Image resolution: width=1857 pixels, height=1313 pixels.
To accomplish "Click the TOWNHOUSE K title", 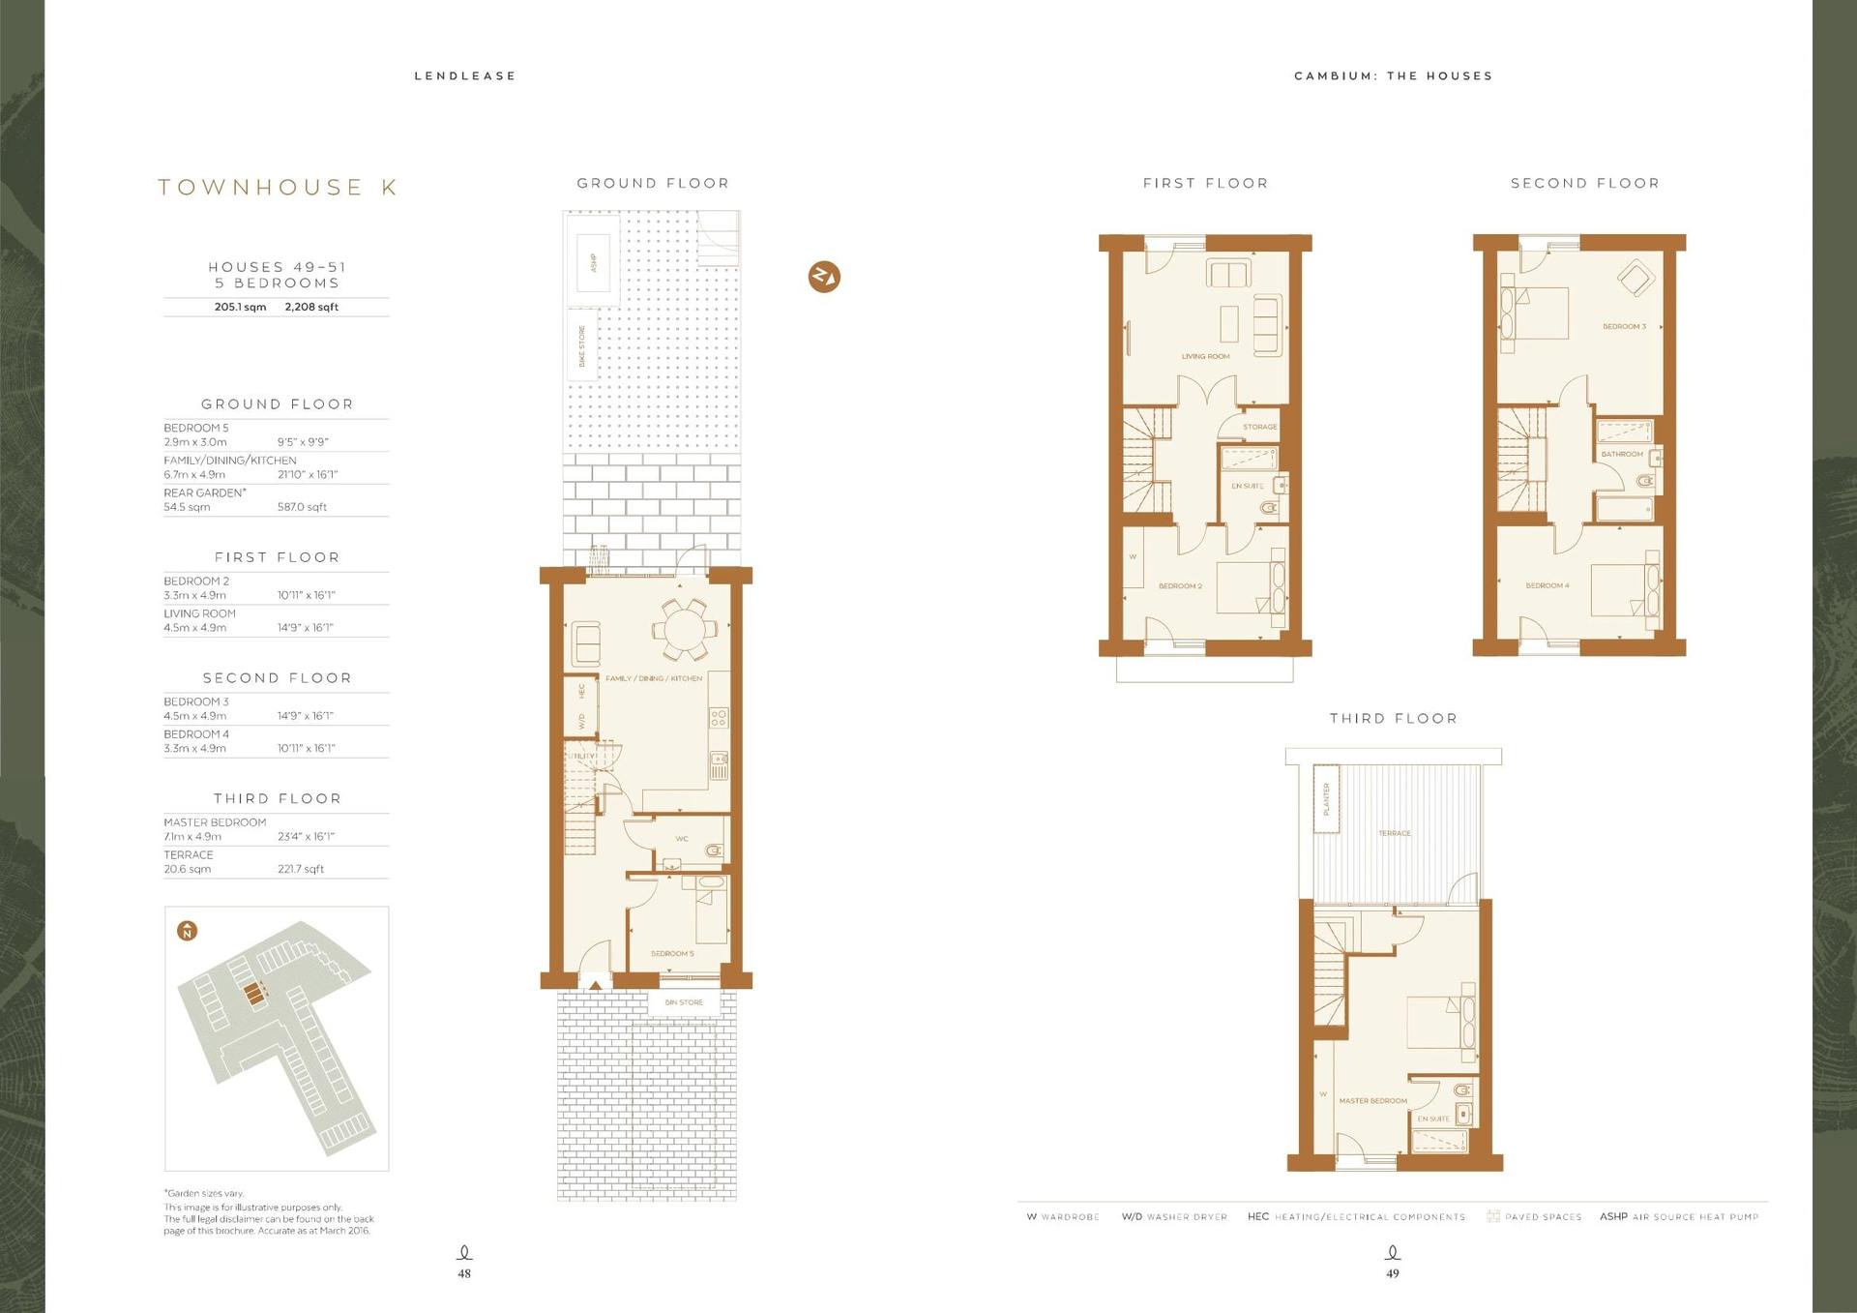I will click(x=278, y=187).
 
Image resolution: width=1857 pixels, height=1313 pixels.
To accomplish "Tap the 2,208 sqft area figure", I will click(x=311, y=307).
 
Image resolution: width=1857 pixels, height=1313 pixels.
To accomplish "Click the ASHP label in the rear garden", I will click(x=594, y=262).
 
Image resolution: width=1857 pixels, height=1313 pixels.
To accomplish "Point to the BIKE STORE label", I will click(x=582, y=345).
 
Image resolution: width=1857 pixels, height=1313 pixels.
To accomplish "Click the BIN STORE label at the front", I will click(x=684, y=1002).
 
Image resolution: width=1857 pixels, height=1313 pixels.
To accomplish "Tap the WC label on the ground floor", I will click(x=682, y=839).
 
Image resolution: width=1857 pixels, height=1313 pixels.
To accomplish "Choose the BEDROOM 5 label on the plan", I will click(x=671, y=954).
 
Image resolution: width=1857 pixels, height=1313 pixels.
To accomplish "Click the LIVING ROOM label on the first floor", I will click(x=1205, y=356).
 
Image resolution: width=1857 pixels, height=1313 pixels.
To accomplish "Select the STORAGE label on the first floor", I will click(x=1259, y=427).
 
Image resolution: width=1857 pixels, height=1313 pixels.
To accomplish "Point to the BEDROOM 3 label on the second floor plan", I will click(x=1624, y=327).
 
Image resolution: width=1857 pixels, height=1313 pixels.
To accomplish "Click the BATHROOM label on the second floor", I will click(x=1622, y=454).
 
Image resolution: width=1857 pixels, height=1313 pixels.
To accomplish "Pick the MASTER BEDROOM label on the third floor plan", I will click(x=1372, y=1101).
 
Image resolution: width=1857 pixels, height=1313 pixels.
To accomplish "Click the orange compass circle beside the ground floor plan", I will click(x=824, y=277).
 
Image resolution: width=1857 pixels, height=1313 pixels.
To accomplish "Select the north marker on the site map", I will click(x=188, y=931).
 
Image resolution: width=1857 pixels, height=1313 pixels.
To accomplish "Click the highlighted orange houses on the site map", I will click(x=255, y=993).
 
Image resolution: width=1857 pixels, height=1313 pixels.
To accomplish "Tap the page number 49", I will click(x=1392, y=1273).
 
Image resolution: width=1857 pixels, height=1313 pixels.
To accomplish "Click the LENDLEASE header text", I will click(x=465, y=76).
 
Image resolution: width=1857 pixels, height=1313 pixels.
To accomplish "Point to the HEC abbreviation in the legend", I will click(x=1257, y=1216).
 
